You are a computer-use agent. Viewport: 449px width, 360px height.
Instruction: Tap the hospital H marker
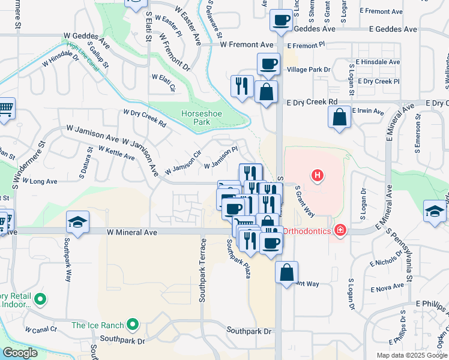[317, 176]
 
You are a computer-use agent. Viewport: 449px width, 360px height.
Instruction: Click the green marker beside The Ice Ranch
[133, 326]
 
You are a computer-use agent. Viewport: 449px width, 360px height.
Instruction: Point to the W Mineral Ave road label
[132, 232]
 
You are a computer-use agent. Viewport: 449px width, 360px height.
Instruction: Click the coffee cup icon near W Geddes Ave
[280, 21]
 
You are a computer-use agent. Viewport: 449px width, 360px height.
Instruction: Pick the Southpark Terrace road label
[203, 270]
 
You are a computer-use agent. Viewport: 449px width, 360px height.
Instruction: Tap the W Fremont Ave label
[247, 44]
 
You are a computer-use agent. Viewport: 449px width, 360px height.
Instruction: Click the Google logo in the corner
[20, 353]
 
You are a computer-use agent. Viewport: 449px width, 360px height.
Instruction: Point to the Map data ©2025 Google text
[412, 355]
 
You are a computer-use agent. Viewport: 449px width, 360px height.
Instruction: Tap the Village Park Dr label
[309, 70]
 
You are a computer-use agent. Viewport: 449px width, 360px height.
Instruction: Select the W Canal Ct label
[41, 329]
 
